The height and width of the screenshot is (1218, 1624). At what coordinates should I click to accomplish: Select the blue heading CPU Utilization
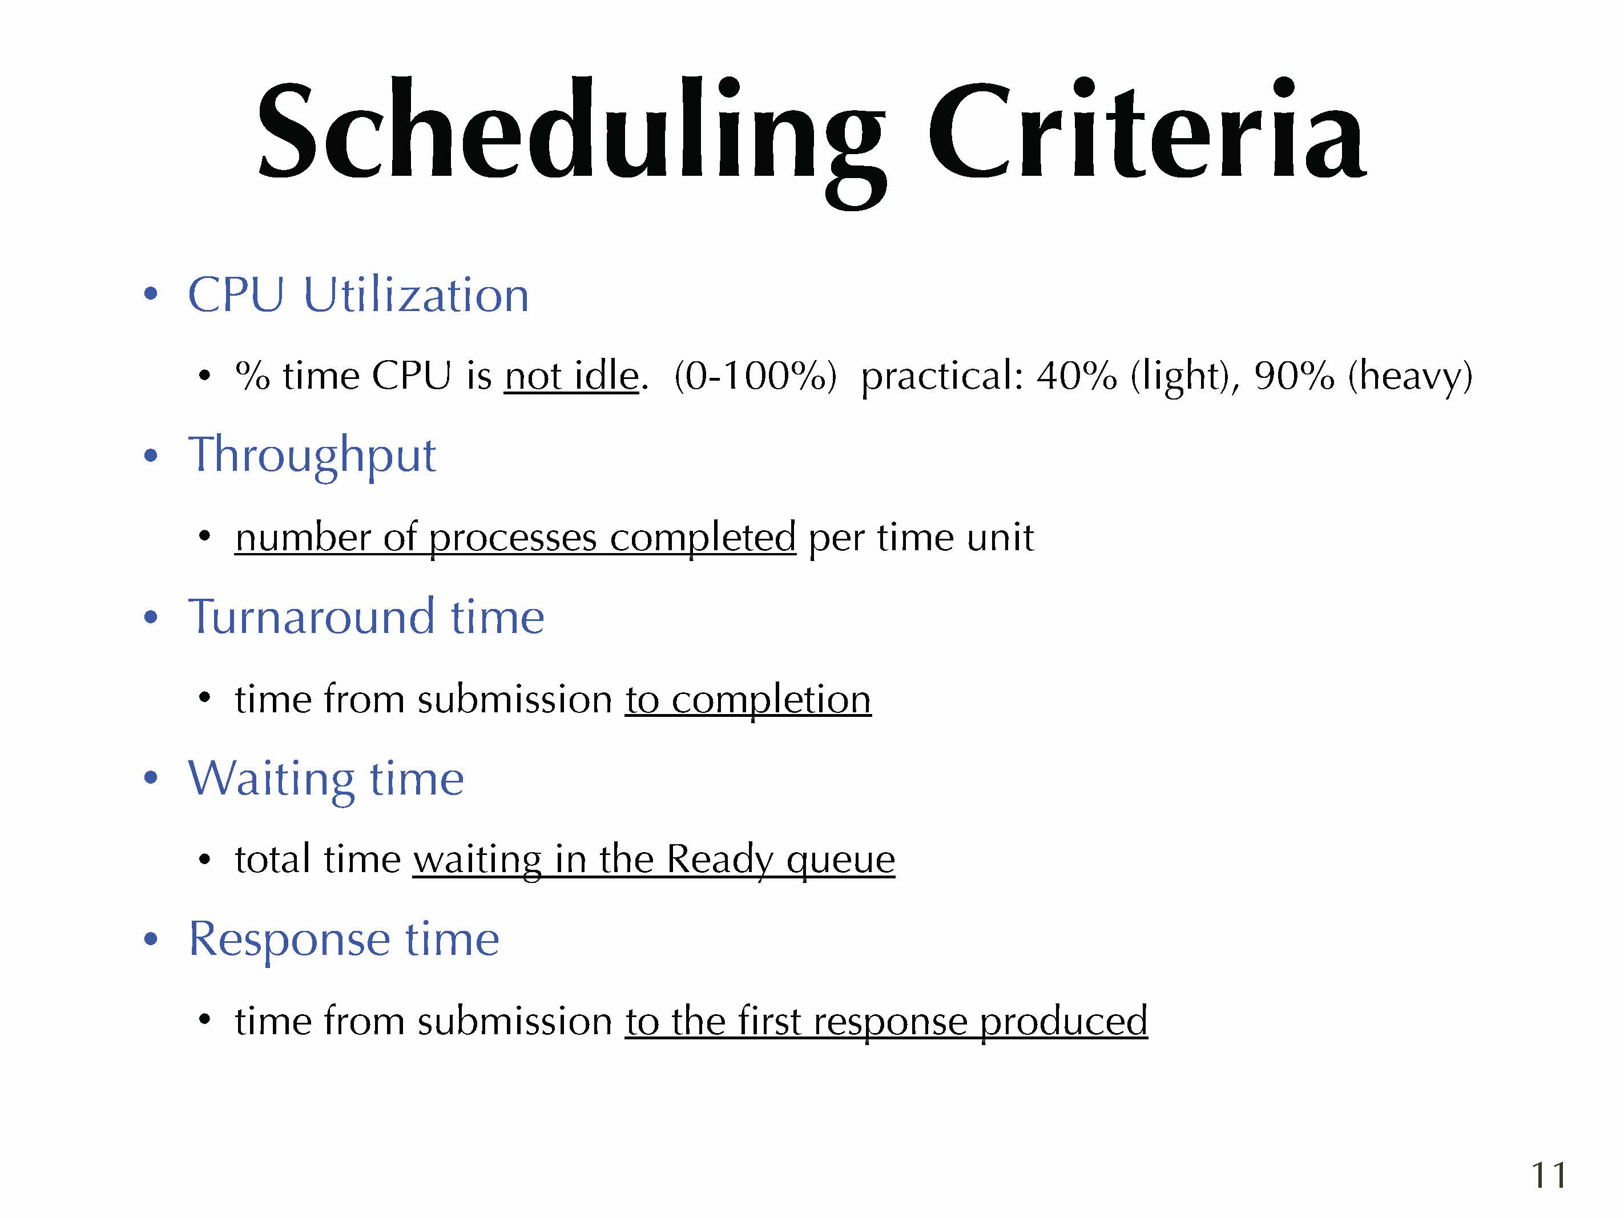pos(358,295)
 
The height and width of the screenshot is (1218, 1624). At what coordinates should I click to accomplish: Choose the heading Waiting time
pos(326,780)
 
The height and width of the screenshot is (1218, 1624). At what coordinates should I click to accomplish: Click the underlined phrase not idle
pos(571,376)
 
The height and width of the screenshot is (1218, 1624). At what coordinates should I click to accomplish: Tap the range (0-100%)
pos(755,377)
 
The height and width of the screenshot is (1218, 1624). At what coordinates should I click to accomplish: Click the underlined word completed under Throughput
pos(703,538)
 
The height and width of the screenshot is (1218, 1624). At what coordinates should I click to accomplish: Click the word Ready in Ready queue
pos(719,861)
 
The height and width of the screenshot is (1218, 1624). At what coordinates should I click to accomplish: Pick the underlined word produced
pos(1064,1022)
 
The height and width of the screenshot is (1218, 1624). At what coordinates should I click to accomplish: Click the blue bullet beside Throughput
pos(151,456)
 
